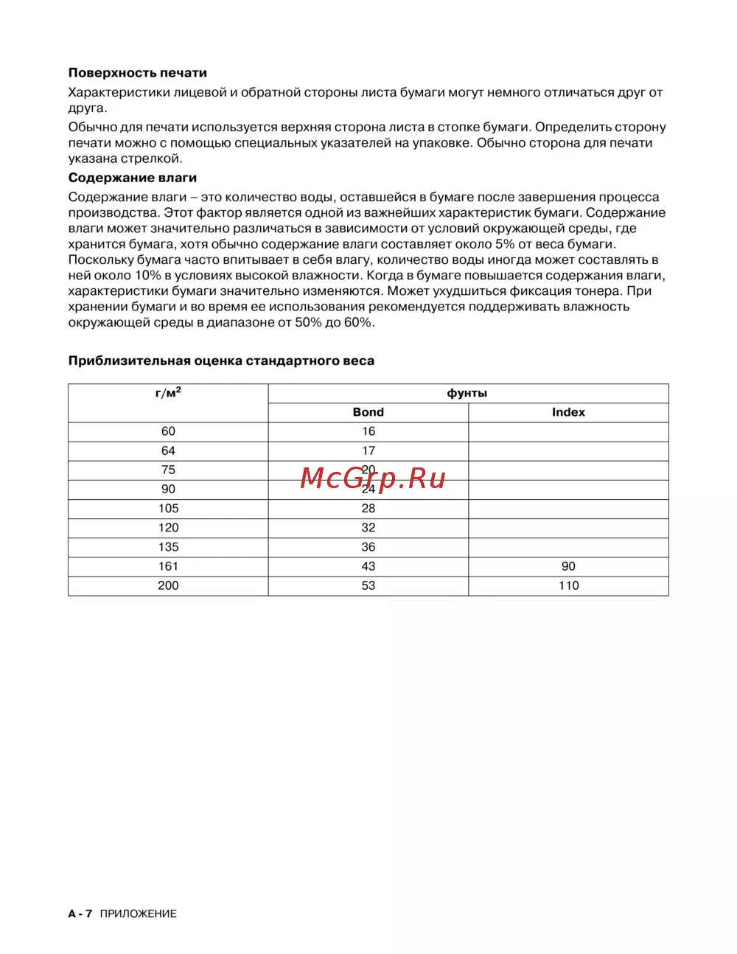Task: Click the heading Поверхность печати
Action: coord(137,73)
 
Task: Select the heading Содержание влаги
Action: coord(133,178)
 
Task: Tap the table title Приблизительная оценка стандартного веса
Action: coord(221,361)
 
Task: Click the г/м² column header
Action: coord(168,393)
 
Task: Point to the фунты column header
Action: coord(467,393)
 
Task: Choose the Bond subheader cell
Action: coord(368,412)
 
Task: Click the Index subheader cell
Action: coord(568,412)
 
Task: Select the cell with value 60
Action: coord(168,431)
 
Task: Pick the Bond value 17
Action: coord(368,450)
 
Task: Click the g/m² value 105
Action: coord(168,508)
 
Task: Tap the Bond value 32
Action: coord(368,527)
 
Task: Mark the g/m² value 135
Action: coord(168,547)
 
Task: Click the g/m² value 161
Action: coord(168,566)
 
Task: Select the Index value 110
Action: coord(568,585)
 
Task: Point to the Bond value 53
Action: coord(368,585)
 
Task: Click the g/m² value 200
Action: coord(168,585)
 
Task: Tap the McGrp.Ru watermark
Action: coord(373,479)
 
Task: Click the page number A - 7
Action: coord(80,913)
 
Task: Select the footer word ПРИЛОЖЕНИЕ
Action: coord(139,913)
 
